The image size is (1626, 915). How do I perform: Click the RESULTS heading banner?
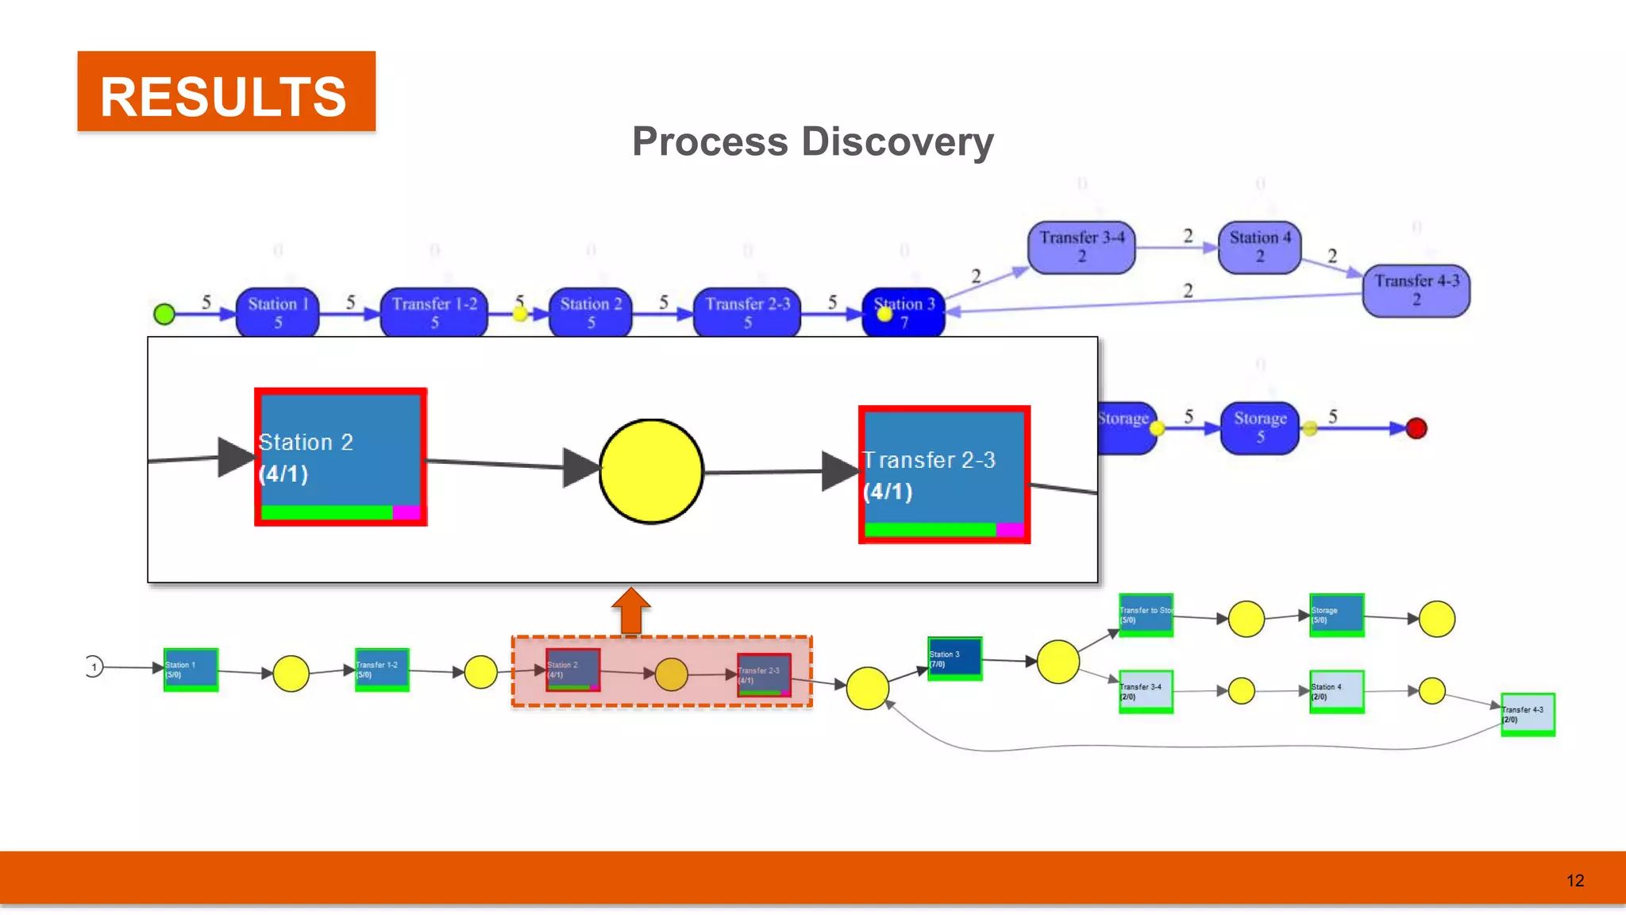pos(226,91)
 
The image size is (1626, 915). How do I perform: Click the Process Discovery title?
pos(812,142)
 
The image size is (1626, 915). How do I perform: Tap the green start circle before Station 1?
pos(164,315)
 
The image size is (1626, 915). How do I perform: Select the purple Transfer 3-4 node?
pos(1081,247)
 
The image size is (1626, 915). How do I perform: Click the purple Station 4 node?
pos(1259,247)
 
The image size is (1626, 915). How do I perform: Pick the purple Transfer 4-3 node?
pos(1416,290)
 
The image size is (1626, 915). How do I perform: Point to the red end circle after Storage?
pos(1416,429)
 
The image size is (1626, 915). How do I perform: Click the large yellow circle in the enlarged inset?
pos(651,472)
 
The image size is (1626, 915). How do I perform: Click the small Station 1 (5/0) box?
pos(191,669)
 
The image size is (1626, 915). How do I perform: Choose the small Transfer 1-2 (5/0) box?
pos(382,669)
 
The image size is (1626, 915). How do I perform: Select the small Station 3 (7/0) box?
pos(954,658)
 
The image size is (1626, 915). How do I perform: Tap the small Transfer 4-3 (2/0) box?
pos(1528,714)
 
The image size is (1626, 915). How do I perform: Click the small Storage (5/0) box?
pos(1337,614)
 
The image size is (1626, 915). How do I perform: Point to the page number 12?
pos(1575,880)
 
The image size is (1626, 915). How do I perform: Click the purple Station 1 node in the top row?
pos(278,312)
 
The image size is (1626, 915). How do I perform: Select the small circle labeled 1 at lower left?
pos(94,666)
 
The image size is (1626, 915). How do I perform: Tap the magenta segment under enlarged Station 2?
pos(406,512)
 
